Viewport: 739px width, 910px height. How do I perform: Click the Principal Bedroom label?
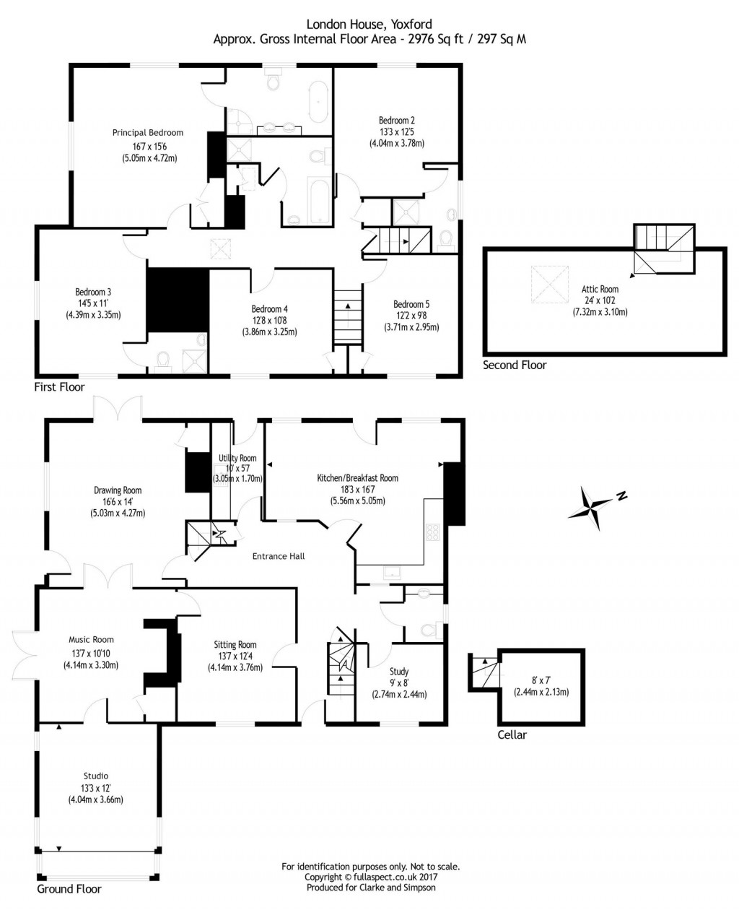[x=147, y=133]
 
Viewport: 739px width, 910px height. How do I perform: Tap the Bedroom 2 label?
[x=396, y=121]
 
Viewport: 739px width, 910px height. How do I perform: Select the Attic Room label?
[x=600, y=290]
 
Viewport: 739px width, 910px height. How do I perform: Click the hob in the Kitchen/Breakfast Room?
[x=433, y=532]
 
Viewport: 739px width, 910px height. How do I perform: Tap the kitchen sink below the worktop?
[x=394, y=573]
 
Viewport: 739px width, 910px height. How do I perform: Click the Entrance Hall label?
[x=278, y=556]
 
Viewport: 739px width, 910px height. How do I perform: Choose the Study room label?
[x=399, y=672]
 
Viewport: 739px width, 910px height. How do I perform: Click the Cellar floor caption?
[x=512, y=735]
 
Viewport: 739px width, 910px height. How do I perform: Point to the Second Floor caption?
[x=515, y=365]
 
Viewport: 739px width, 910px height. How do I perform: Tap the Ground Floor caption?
[x=69, y=889]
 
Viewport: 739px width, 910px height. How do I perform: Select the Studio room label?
[x=95, y=776]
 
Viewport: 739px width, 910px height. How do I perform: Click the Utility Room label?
[x=237, y=458]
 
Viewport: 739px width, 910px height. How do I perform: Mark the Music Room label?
[x=91, y=640]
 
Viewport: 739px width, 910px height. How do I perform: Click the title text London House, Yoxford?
[x=369, y=24]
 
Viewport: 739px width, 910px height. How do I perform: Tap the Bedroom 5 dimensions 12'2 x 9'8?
[x=411, y=316]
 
